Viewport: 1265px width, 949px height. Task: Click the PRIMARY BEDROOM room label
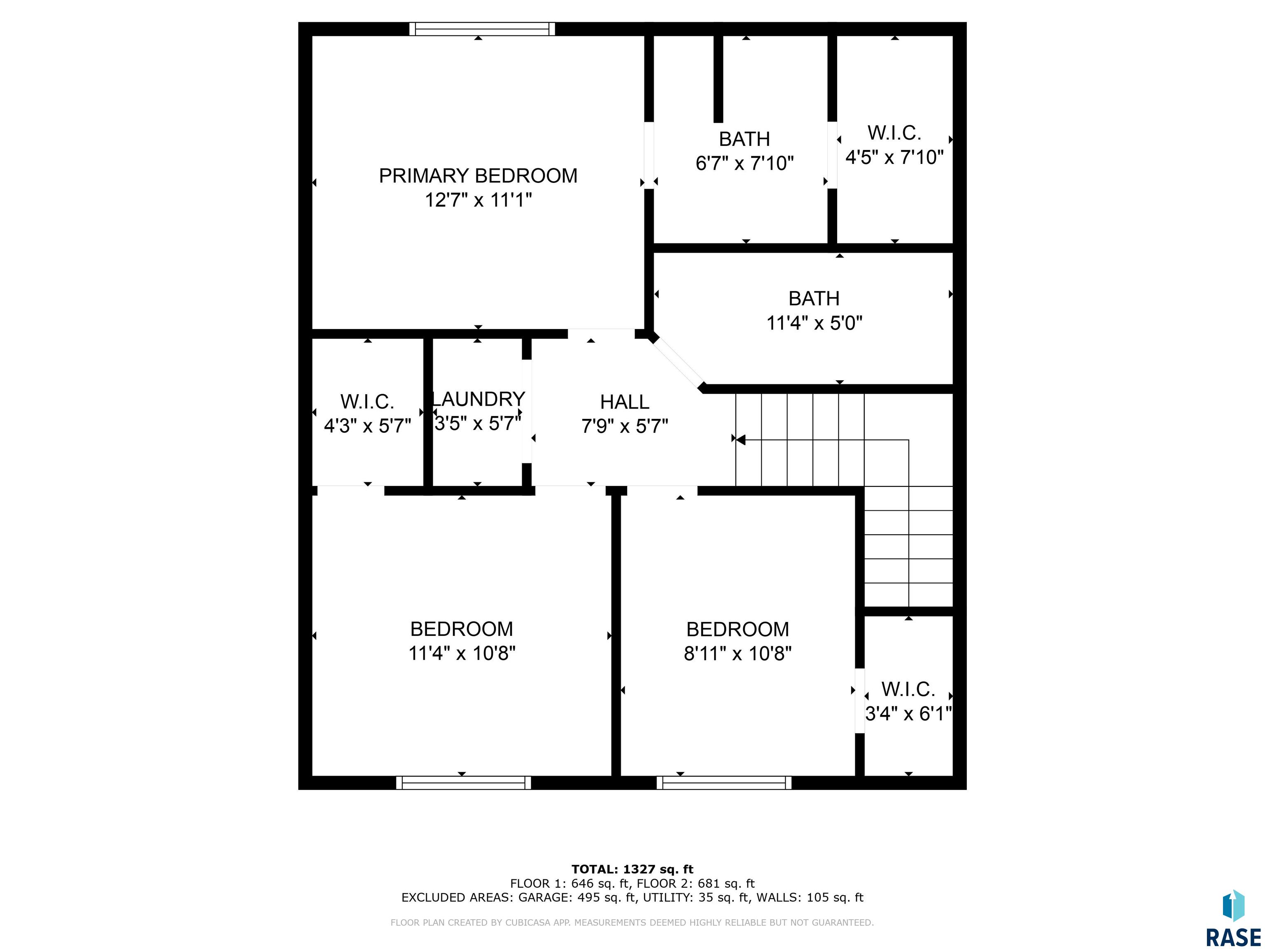(478, 175)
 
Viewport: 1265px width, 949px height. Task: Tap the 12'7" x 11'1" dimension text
(478, 200)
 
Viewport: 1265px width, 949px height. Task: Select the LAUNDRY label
(478, 399)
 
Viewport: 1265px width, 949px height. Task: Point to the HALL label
(625, 402)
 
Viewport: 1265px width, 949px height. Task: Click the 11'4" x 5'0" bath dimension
(814, 323)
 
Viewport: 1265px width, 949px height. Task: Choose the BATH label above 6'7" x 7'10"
(744, 139)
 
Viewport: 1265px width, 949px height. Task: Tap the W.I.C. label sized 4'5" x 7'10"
(894, 133)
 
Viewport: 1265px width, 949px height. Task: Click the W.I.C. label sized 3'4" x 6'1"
(908, 689)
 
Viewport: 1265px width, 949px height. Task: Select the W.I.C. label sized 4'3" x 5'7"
(367, 402)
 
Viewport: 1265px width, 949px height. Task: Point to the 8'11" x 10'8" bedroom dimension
(738, 653)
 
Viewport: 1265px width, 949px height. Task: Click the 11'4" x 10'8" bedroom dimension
(462, 653)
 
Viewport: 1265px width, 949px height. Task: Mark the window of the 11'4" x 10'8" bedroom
(463, 783)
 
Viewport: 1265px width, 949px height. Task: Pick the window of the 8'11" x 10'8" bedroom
(724, 783)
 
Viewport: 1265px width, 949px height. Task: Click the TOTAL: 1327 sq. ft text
(632, 870)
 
